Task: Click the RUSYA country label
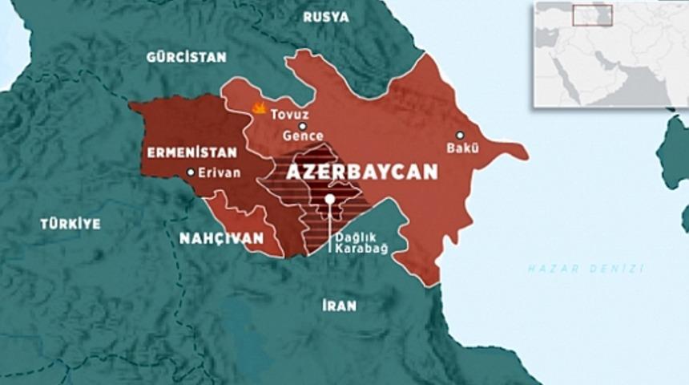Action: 326,17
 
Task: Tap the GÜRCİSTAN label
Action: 186,57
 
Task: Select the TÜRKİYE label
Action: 71,224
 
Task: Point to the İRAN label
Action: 339,305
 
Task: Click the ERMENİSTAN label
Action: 191,152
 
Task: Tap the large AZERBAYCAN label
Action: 362,172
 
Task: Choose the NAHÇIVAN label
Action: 221,238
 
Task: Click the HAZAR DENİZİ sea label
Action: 586,268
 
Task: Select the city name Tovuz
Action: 288,114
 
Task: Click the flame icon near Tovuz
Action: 259,107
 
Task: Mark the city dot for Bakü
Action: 461,135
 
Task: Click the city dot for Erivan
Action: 191,172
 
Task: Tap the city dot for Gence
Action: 303,126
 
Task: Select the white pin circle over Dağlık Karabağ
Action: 329,199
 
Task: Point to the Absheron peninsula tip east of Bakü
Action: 525,151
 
